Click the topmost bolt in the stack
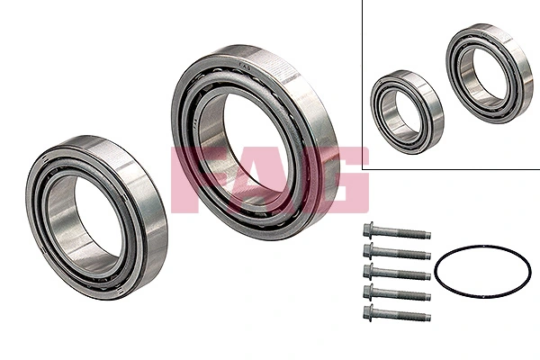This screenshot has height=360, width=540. tap(396, 232)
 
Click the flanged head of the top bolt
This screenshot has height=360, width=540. tap(369, 229)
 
